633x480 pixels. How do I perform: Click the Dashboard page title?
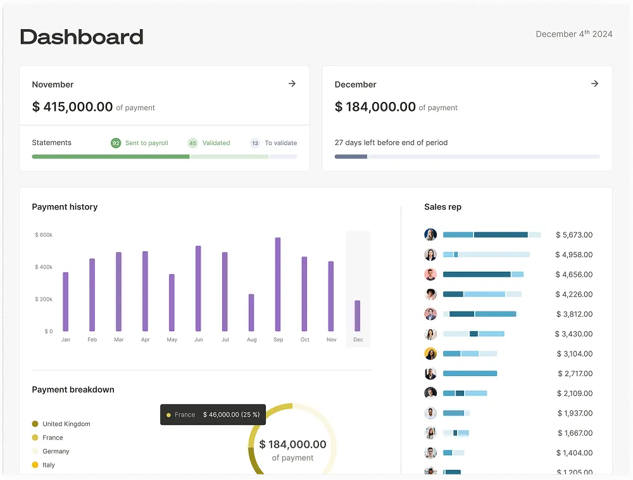[82, 37]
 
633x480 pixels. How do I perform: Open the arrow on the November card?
[292, 84]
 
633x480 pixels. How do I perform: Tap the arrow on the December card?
[594, 84]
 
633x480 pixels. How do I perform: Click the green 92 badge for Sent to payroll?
[116, 143]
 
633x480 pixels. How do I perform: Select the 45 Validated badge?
[193, 143]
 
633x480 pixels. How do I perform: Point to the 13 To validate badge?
[255, 143]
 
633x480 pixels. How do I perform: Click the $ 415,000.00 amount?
[72, 107]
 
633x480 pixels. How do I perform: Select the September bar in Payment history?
[278, 284]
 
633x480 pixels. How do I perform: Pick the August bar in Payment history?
[251, 312]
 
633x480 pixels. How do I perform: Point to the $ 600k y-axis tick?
[44, 235]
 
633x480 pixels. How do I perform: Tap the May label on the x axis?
[172, 340]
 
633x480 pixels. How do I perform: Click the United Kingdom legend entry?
[66, 424]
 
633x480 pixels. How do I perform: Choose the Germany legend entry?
[56, 452]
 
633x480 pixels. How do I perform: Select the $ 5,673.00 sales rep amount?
[574, 235]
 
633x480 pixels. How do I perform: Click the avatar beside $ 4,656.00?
[430, 274]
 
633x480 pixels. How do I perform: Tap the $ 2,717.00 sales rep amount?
[575, 374]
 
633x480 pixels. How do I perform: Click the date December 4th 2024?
[573, 34]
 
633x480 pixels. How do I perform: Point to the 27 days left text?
[391, 143]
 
